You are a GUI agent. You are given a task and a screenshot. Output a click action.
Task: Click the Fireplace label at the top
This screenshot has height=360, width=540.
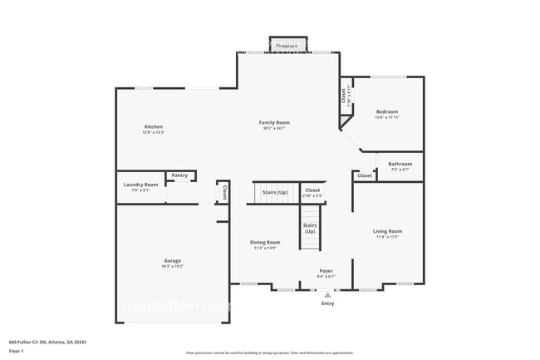pos(287,45)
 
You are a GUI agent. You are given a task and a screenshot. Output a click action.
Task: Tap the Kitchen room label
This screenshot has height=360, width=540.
pos(153,126)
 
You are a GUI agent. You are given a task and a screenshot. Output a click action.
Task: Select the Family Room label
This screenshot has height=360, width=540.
pos(274,122)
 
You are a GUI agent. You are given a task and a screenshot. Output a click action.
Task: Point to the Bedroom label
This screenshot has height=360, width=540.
pos(386,111)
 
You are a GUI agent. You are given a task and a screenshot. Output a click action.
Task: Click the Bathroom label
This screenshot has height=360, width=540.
pos(400,164)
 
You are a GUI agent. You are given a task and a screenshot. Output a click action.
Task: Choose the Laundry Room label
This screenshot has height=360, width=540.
pos(140,185)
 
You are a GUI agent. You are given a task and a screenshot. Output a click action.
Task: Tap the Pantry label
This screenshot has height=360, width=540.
pos(179,175)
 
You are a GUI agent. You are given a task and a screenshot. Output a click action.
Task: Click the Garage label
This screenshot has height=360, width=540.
pos(172,260)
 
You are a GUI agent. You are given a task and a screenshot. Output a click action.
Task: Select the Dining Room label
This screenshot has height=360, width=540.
pos(265,242)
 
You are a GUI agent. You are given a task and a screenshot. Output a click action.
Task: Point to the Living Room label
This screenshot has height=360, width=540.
pos(387,231)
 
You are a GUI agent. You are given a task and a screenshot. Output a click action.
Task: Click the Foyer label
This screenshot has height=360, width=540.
pos(326,270)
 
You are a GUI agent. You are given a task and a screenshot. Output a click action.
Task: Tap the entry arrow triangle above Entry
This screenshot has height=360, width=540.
pos(327,294)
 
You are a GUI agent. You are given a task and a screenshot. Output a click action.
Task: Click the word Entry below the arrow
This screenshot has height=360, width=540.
pos(327,303)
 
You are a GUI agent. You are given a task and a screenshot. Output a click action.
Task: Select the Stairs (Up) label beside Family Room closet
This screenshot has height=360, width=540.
pos(275,192)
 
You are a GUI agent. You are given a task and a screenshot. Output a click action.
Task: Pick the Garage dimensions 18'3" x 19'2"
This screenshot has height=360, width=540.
pos(172,266)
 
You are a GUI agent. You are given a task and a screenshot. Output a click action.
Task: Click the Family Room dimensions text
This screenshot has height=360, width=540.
pos(274,128)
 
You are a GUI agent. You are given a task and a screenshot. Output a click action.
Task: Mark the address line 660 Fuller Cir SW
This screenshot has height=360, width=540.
pos(48,342)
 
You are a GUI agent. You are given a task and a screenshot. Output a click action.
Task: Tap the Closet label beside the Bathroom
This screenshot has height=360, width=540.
pos(365,175)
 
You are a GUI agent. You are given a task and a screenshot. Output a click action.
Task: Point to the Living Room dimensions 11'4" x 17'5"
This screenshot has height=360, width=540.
pos(387,237)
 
